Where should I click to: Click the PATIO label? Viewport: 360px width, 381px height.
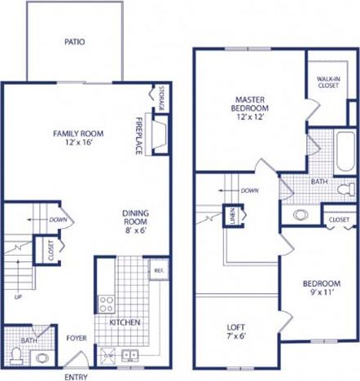75,42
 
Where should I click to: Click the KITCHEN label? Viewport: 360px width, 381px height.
125,322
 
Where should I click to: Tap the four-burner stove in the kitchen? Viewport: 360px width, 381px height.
107,305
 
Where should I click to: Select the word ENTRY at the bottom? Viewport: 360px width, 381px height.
77,377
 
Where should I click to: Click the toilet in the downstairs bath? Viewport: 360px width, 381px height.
16,355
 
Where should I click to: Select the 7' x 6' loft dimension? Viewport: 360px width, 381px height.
237,339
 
